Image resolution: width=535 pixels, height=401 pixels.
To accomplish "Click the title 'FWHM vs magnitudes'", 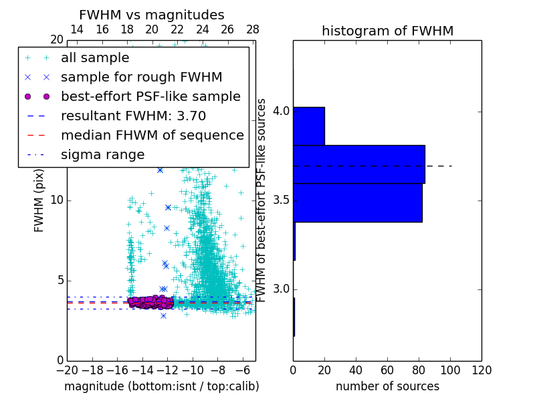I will click(151, 15).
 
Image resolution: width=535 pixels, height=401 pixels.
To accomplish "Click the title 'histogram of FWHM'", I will click(387, 31).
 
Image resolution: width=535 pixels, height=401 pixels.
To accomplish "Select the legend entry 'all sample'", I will click(95, 57).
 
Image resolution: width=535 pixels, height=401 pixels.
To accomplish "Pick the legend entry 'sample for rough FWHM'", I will click(141, 77).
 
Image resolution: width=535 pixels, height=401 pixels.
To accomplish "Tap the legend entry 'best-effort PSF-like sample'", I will click(150, 96).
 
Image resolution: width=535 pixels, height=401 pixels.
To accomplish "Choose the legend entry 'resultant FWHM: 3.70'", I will click(133, 116).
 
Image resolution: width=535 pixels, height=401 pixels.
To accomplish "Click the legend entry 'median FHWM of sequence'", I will click(152, 135).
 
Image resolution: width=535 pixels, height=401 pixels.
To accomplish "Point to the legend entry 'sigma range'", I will click(102, 154).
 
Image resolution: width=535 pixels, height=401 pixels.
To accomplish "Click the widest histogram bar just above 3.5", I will click(358, 164).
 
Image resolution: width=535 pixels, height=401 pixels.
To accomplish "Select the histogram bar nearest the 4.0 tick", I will click(308, 126).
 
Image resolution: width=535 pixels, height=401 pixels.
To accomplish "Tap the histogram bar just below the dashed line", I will click(358, 202).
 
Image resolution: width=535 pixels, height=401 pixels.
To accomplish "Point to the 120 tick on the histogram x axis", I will click(481, 370).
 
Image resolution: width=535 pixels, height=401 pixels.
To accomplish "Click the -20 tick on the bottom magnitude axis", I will click(67, 370).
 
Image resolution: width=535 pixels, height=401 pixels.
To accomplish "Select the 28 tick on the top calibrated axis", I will click(253, 29).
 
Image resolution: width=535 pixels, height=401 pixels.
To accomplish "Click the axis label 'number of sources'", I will click(387, 386).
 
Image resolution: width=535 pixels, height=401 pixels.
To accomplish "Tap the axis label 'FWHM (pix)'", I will click(39, 200).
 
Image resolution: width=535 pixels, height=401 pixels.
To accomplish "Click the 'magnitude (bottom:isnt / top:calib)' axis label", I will click(161, 386).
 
